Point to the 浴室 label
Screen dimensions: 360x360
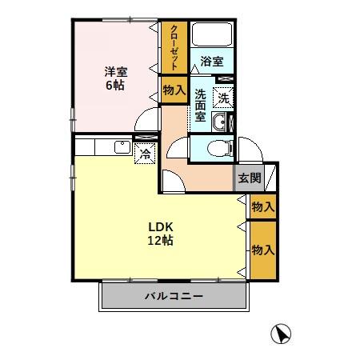click(x=211, y=61)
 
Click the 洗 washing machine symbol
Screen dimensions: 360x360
click(x=224, y=97)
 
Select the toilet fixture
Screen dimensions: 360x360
click(x=218, y=147)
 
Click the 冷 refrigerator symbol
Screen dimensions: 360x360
click(x=146, y=152)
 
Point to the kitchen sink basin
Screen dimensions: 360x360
click(x=121, y=146)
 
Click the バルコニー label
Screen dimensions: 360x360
click(x=174, y=296)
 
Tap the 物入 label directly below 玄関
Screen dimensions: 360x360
click(x=262, y=206)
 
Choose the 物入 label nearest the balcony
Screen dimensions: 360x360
click(x=262, y=250)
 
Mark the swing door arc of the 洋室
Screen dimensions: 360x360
click(x=146, y=121)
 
